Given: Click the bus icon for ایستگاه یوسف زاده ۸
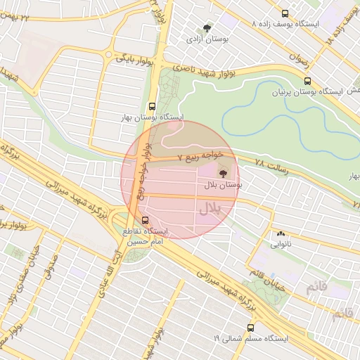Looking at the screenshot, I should click(x=285, y=13).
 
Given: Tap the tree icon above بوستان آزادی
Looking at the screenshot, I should click(x=207, y=28).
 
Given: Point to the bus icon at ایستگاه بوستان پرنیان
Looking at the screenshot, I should click(x=307, y=81).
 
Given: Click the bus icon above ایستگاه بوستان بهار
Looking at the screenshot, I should click(x=154, y=105).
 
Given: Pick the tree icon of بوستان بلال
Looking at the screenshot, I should click(x=223, y=172).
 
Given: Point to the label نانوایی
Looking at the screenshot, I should click(x=281, y=245).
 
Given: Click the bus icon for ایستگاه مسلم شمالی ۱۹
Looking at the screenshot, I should click(x=250, y=328).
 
